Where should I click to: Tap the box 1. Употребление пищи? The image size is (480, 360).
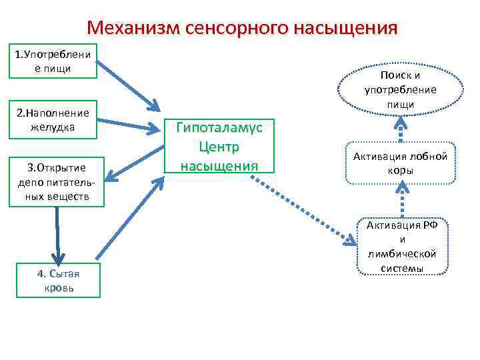point(53,61)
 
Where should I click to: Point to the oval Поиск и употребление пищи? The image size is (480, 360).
point(399,90)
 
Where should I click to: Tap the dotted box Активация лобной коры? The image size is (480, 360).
point(401,163)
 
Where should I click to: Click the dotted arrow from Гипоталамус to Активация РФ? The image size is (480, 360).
point(307,209)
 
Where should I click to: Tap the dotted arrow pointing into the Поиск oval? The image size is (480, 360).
point(400,129)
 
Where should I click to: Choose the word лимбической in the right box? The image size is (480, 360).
point(402,254)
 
